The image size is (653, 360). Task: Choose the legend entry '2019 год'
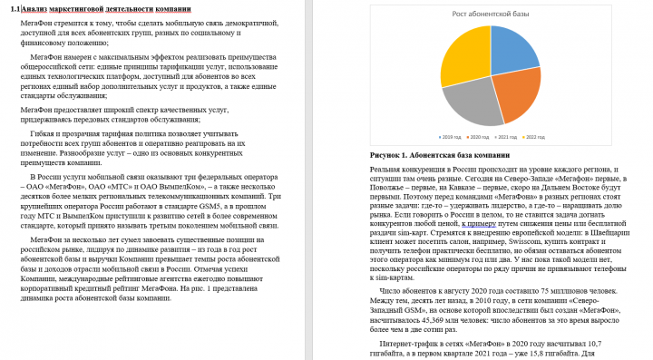point(453,136)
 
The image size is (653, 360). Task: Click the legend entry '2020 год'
point(480,136)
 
